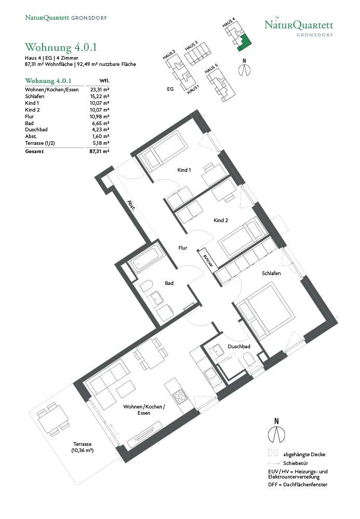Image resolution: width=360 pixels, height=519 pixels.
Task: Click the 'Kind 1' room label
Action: (184, 170)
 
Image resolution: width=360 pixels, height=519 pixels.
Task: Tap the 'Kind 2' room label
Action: (220, 220)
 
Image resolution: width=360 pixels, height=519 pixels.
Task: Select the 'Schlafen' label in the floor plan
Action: (271, 273)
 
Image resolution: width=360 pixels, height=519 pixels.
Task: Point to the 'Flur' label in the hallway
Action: (183, 248)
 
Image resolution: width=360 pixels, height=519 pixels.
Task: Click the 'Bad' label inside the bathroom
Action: (169, 283)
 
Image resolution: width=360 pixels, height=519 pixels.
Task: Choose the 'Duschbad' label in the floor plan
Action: (239, 346)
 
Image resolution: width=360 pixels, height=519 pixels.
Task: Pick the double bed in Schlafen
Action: (266, 310)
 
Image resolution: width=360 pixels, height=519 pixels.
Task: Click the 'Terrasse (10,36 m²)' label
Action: (82, 447)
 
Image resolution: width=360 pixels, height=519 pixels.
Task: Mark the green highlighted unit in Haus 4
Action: (244, 43)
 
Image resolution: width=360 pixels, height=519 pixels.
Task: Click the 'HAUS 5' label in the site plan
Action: (211, 69)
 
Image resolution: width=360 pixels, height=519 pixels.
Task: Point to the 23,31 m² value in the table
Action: (100, 89)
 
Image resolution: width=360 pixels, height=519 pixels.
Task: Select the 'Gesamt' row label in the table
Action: (34, 151)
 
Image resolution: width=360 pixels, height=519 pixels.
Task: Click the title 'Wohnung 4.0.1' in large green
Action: (61, 47)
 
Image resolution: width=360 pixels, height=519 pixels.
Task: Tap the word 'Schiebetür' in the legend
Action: (296, 463)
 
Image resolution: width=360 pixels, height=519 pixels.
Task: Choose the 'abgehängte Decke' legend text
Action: (304, 455)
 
